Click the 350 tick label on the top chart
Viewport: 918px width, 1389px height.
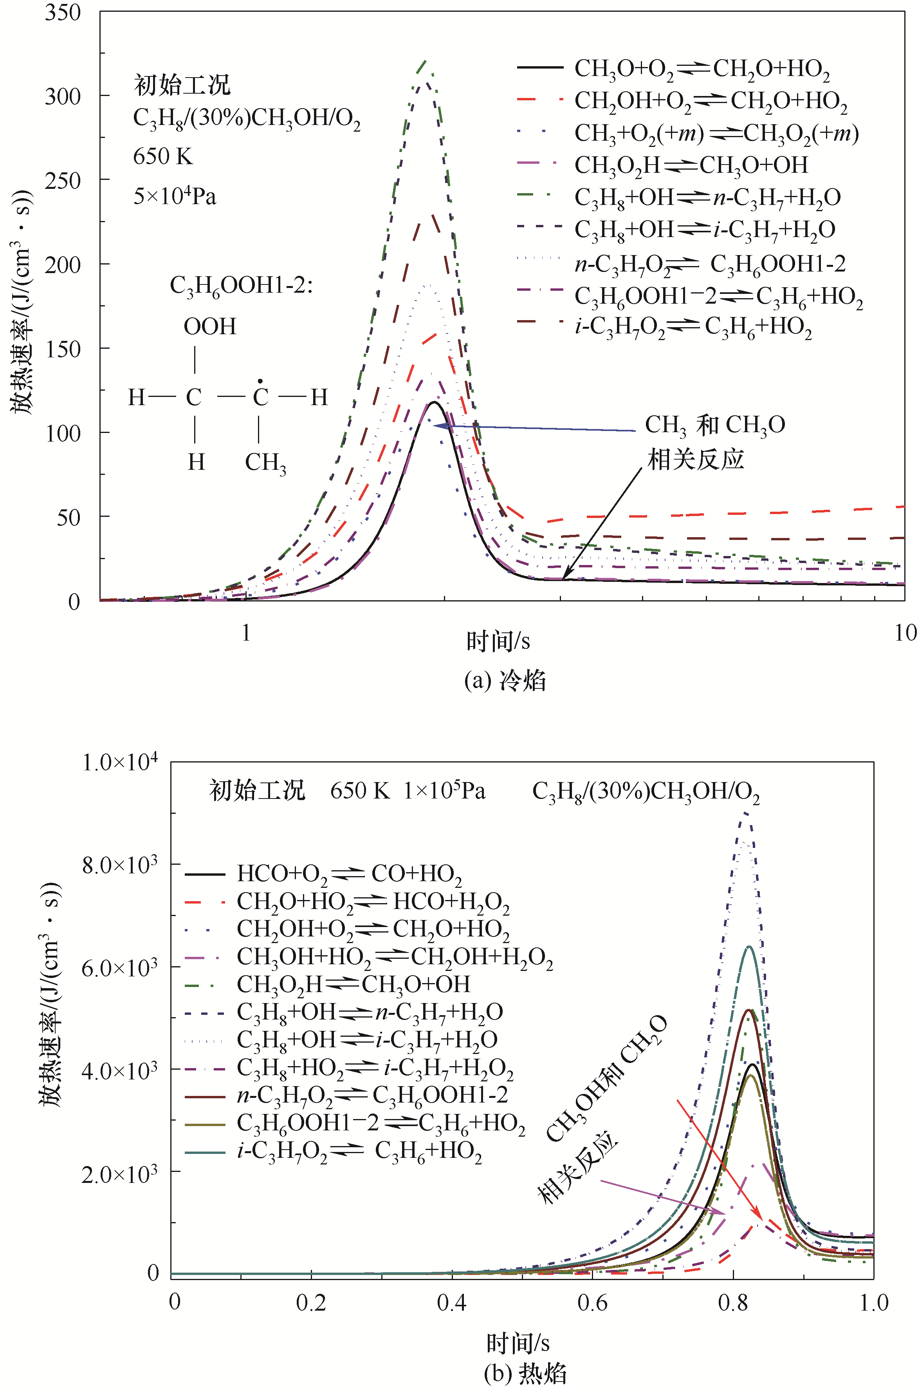coord(63,13)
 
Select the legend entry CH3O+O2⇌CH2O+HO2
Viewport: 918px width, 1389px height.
coord(702,69)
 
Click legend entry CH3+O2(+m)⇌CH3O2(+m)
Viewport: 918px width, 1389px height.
coord(716,134)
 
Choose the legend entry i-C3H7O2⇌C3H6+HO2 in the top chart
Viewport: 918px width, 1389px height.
coord(693,327)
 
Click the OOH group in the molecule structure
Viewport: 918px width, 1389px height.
coord(209,326)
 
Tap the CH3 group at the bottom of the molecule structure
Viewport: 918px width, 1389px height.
coord(265,462)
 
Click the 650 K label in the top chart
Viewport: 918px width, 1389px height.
coord(163,156)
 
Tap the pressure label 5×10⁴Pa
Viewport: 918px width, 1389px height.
coord(175,196)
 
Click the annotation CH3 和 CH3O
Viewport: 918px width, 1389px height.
coord(714,425)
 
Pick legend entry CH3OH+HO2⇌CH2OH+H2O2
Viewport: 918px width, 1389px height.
coord(395,957)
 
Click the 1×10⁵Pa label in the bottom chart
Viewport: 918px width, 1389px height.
coord(444,791)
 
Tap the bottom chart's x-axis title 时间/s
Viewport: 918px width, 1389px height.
coord(518,1343)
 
